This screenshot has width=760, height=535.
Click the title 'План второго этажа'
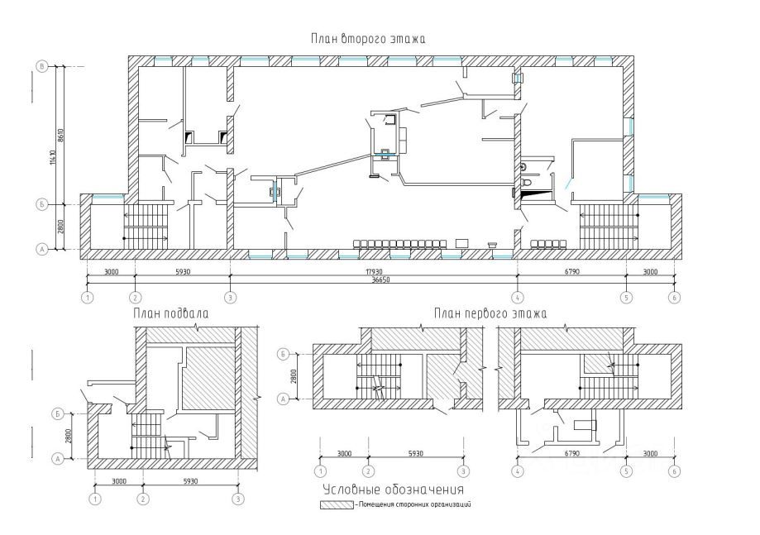pyautogui.click(x=368, y=39)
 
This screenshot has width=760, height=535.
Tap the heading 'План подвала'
pyautogui.click(x=170, y=314)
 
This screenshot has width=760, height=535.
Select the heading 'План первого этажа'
pyautogui.click(x=490, y=313)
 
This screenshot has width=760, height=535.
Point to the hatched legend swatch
pyautogui.click(x=337, y=504)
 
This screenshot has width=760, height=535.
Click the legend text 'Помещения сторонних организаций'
pyautogui.click(x=413, y=504)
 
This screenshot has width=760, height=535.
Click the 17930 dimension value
pyautogui.click(x=374, y=271)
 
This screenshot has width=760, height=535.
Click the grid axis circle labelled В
pyautogui.click(x=40, y=65)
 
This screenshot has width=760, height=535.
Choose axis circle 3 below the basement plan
pyautogui.click(x=239, y=499)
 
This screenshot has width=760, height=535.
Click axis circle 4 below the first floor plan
pyautogui.click(x=518, y=471)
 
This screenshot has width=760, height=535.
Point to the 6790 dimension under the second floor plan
pyautogui.click(x=571, y=271)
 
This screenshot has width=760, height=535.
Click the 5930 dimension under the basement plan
pyautogui.click(x=191, y=481)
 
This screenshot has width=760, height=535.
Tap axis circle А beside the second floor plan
pyautogui.click(x=40, y=247)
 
